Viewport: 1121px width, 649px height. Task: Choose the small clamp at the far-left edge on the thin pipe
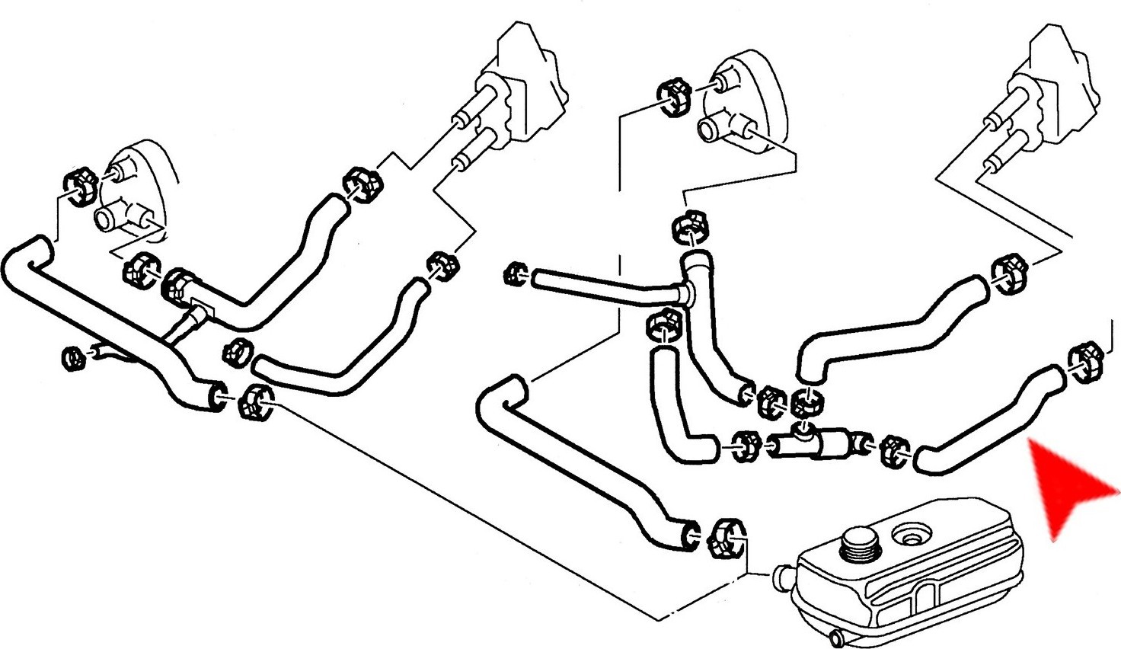(73, 356)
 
